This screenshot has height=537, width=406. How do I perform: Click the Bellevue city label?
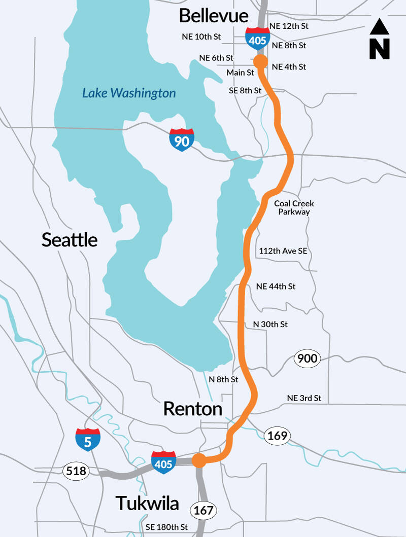[213, 16]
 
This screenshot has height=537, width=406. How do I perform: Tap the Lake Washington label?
[129, 93]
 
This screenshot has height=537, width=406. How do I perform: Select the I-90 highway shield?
[182, 140]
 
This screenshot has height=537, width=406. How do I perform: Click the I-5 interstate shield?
[88, 440]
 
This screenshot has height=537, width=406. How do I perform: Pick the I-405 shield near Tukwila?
[163, 462]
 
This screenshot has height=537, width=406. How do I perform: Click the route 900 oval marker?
[307, 359]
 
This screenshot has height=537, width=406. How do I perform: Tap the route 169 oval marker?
[277, 435]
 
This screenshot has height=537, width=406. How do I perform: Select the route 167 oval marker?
[204, 510]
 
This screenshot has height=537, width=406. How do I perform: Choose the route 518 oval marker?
[76, 472]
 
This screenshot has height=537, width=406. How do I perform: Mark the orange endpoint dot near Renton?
[198, 460]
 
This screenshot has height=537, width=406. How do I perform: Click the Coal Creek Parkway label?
[294, 208]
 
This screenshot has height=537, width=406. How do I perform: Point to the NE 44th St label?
[276, 287]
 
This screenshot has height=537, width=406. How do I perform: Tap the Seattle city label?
[70, 239]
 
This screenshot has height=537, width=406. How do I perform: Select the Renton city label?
[193, 409]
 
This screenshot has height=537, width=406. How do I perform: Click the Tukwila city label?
[147, 503]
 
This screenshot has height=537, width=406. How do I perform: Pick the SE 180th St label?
[166, 527]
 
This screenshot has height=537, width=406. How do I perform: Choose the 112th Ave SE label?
[283, 251]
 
